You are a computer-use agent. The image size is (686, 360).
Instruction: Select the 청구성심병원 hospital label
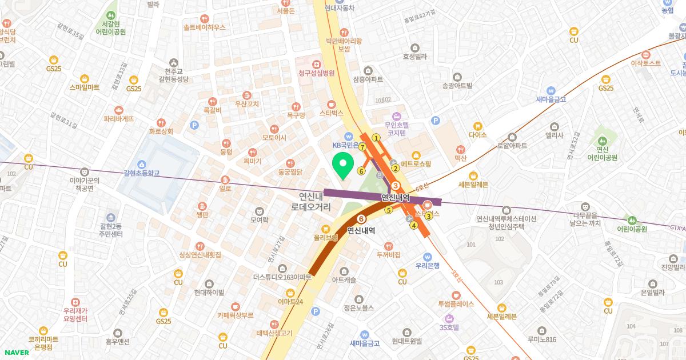click(316, 73)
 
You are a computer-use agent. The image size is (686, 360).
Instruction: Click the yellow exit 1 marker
click(376, 138)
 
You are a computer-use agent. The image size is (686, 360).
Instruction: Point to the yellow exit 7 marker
click(362, 147)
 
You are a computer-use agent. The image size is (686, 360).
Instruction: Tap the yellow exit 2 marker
click(395, 168)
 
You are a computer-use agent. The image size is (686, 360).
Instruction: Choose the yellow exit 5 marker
click(389, 210)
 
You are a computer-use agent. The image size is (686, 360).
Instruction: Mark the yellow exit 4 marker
click(413, 225)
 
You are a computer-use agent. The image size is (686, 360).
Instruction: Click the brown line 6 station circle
click(361, 219)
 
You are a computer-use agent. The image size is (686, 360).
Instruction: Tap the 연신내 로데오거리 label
click(310, 201)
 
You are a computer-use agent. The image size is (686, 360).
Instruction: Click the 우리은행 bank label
click(427, 265)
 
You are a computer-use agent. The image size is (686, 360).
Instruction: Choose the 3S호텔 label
click(449, 327)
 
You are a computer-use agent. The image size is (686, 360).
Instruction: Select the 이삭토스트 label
click(646, 63)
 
